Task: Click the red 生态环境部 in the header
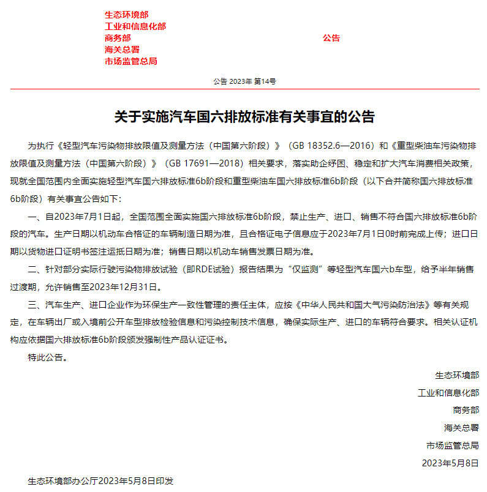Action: (126, 15)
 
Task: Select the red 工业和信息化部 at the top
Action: (135, 26)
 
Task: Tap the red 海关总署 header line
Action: (122, 50)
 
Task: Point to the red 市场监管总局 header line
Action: (130, 61)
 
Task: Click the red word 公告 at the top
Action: (331, 38)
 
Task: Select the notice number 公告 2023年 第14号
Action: (244, 81)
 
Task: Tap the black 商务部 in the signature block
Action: (466, 410)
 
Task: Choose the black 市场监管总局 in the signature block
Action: (453, 445)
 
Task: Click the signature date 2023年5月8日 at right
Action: (450, 463)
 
